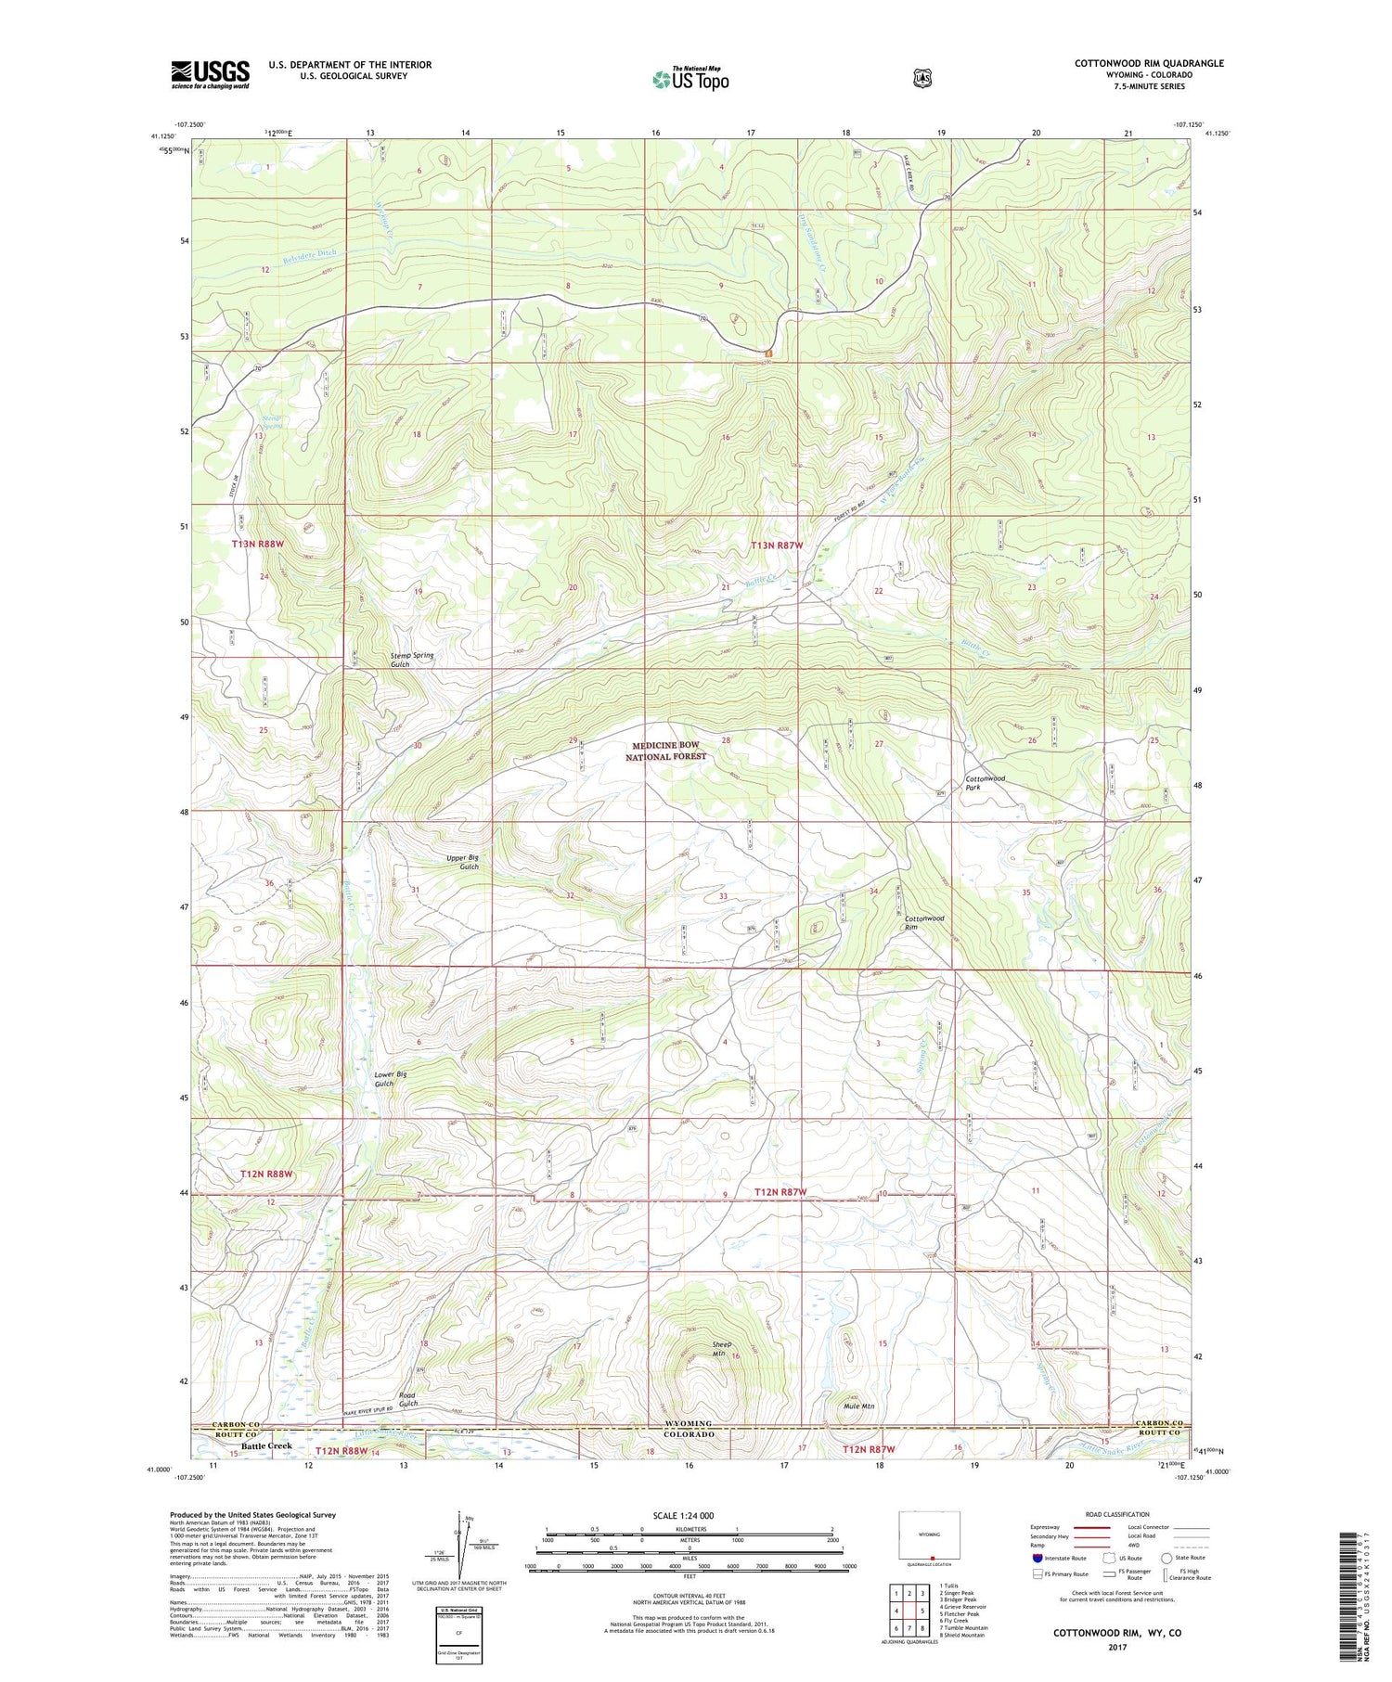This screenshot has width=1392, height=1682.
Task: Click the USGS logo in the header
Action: point(210,74)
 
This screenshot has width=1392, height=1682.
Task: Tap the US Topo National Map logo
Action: point(690,78)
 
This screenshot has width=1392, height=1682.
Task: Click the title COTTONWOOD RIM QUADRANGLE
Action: point(1149,63)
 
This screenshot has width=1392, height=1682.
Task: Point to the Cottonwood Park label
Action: point(985,782)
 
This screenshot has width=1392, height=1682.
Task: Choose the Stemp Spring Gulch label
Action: point(412,660)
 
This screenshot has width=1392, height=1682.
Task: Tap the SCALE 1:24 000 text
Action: point(690,1515)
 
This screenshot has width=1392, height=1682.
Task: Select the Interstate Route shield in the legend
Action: point(1038,1558)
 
